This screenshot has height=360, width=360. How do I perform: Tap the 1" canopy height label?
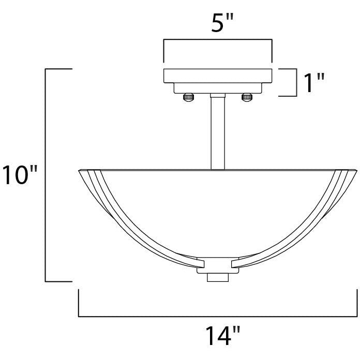pos(313,83)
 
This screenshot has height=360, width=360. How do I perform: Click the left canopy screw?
pos(189,96)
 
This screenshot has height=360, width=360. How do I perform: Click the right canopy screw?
pos(247,96)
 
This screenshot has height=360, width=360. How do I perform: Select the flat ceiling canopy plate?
pos(218,75)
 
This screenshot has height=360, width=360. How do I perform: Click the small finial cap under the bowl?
pos(218,278)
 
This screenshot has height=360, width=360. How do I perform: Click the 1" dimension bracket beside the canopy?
pos(294,83)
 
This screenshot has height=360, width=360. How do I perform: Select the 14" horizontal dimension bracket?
pos(218,316)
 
